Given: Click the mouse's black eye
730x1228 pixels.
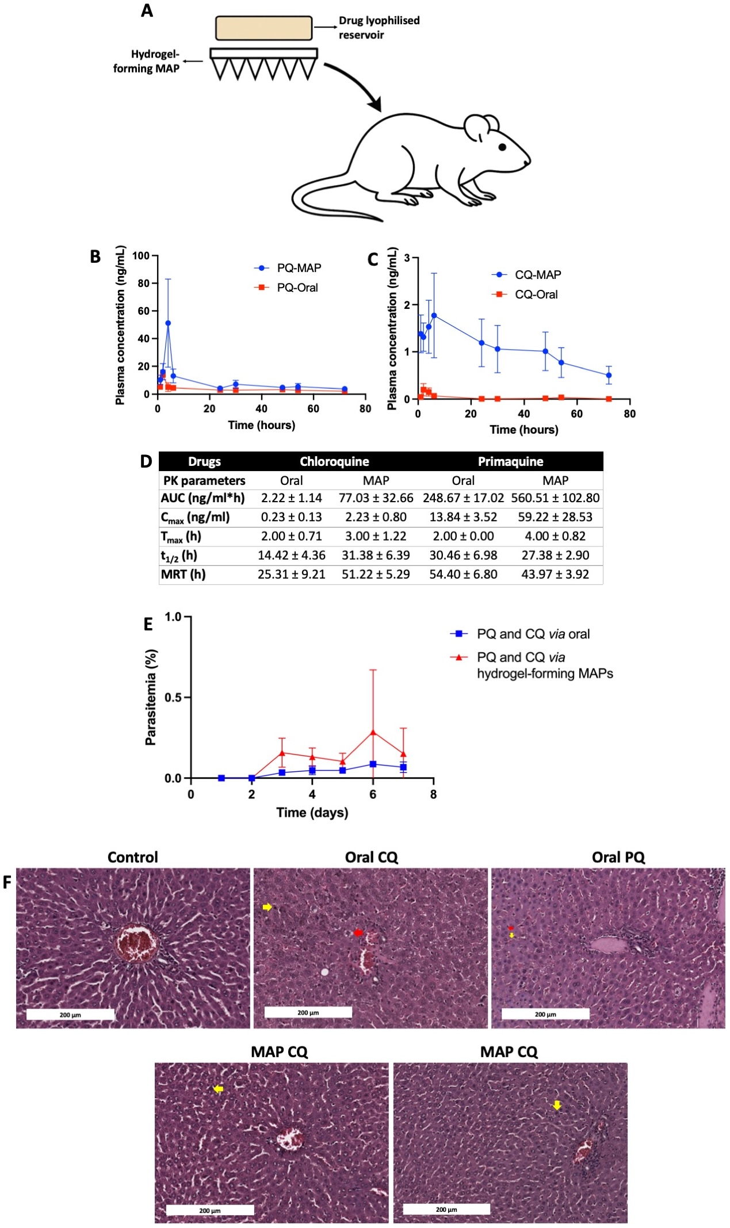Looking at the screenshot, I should (x=502, y=147).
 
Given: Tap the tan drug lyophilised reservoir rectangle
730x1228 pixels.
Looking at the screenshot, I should (x=263, y=28).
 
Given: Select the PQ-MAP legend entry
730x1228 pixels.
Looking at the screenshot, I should (x=288, y=268).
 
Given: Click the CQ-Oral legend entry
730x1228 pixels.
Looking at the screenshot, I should (x=525, y=294).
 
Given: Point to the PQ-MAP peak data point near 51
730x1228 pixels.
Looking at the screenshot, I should (x=168, y=323).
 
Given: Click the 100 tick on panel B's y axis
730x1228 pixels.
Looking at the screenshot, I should (x=141, y=255).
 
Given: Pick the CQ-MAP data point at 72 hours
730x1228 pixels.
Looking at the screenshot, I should (x=609, y=375).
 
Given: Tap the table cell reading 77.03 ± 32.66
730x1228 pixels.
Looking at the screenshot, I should (x=376, y=498).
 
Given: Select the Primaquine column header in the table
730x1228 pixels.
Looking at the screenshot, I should (x=510, y=461).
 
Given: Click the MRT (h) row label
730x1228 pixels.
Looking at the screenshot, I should (x=183, y=574).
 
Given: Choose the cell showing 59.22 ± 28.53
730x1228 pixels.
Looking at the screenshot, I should (x=555, y=517).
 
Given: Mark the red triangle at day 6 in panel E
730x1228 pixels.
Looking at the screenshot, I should (x=373, y=732).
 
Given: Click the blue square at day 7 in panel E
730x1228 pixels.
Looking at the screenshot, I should (x=403, y=767).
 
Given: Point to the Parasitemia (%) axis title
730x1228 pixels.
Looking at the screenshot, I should (x=151, y=697).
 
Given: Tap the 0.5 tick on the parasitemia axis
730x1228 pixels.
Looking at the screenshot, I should (x=173, y=698).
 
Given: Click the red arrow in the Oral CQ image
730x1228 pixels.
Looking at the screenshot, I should (x=358, y=932).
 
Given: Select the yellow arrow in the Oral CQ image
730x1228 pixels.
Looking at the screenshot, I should (x=267, y=907).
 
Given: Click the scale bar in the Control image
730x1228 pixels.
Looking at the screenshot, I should (x=70, y=1015).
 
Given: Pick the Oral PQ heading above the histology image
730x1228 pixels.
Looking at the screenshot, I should (x=618, y=857).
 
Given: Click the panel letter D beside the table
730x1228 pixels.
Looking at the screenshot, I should (x=146, y=461).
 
